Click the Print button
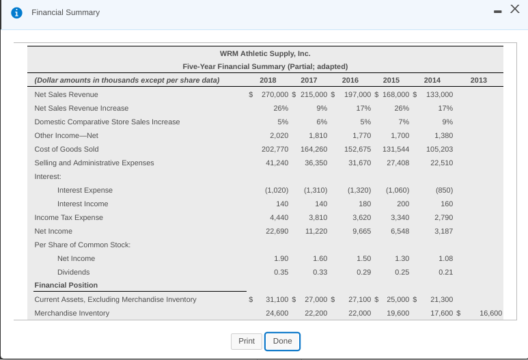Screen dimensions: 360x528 tap(247, 341)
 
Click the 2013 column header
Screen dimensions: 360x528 tap(479, 81)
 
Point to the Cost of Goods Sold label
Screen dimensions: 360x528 tap(66, 149)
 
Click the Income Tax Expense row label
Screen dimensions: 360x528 tap(68, 217)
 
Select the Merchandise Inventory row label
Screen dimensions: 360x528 tap(72, 313)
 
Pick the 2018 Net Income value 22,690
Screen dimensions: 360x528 tap(276, 231)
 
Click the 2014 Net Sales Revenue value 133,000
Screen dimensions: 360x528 tap(439, 94)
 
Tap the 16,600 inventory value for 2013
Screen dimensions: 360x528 tap(490, 313)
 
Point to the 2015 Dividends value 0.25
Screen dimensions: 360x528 tap(402, 272)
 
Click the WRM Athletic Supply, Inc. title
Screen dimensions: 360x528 tap(265, 53)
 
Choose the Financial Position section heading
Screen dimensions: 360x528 tap(66, 285)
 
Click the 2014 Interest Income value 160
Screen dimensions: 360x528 tap(447, 204)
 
